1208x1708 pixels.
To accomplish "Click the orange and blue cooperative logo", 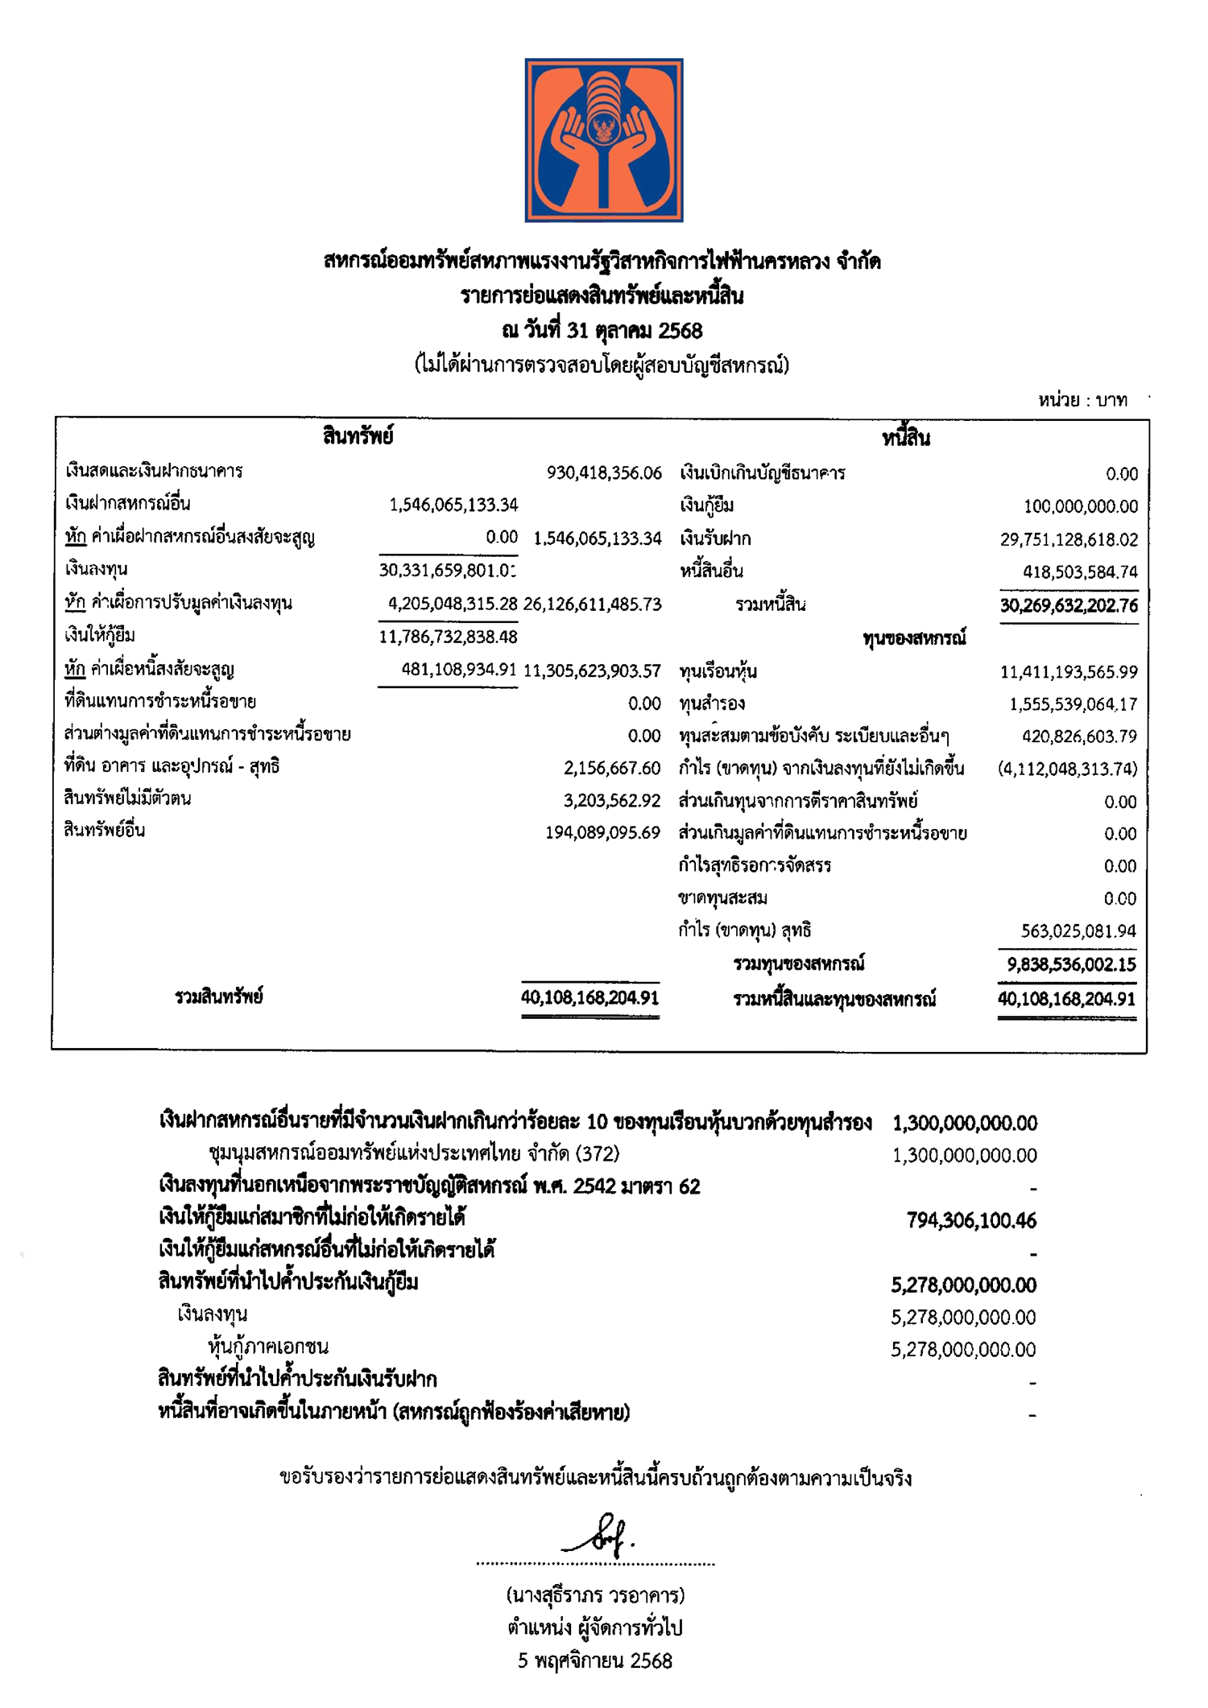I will pyautogui.click(x=604, y=140).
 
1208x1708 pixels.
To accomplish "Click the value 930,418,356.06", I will pyautogui.click(x=604, y=472).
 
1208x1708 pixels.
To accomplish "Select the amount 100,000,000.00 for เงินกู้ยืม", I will pyautogui.click(x=1081, y=506).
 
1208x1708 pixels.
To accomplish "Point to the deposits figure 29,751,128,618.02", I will pyautogui.click(x=1069, y=539).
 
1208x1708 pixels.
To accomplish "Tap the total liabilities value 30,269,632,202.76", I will pyautogui.click(x=1069, y=605).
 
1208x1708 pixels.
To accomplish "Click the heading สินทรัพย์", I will pyautogui.click(x=358, y=437).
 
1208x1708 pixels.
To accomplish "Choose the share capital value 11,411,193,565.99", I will pyautogui.click(x=1069, y=671).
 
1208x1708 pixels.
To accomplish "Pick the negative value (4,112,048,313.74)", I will pyautogui.click(x=1067, y=769).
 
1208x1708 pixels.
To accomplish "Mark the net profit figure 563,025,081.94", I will pyautogui.click(x=1078, y=931).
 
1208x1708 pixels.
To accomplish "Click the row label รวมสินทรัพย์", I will pyautogui.click(x=219, y=997).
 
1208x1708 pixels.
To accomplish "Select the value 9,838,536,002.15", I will pyautogui.click(x=1071, y=964).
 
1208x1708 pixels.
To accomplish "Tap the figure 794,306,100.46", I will pyautogui.click(x=971, y=1221).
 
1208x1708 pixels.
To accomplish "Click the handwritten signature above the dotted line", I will pyautogui.click(x=600, y=1538).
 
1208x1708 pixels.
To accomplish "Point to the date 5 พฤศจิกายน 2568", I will pyautogui.click(x=595, y=1661).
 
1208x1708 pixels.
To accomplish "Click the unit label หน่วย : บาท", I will pyautogui.click(x=1082, y=400).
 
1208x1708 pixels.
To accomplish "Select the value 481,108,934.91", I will pyautogui.click(x=458, y=670).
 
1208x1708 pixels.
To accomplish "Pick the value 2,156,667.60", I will pyautogui.click(x=612, y=768).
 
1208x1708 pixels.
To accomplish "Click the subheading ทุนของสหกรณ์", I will pyautogui.click(x=914, y=638).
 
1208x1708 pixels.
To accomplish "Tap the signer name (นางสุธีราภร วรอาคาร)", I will pyautogui.click(x=595, y=1595).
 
